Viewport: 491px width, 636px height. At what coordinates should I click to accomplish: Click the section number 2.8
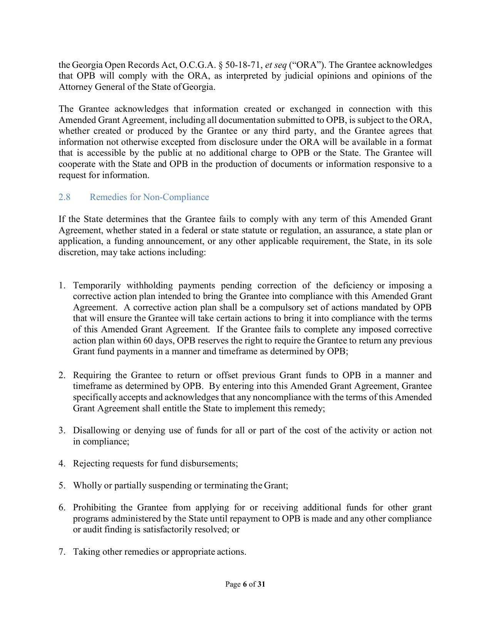point(64,197)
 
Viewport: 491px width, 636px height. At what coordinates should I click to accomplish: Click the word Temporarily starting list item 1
point(97,286)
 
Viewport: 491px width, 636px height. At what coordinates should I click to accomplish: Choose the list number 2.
point(62,375)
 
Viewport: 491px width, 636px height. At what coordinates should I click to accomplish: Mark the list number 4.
point(62,463)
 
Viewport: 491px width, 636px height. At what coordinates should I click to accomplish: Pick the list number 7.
point(62,552)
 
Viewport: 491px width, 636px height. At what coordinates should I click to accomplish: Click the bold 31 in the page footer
point(261,584)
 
